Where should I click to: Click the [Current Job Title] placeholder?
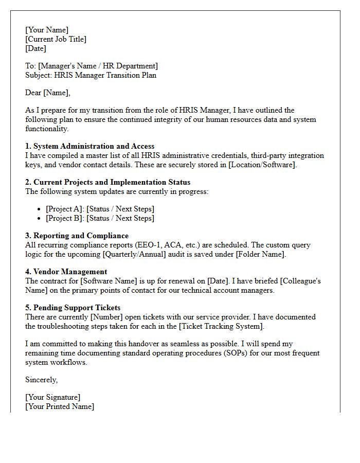pyautogui.click(x=56, y=39)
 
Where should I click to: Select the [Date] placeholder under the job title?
pyautogui.click(x=35, y=48)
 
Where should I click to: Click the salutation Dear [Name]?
pyautogui.click(x=48, y=93)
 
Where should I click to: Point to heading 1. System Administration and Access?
pyautogui.click(x=89, y=146)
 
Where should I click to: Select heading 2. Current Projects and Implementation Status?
pyautogui.click(x=107, y=182)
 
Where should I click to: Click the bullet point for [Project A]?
pyautogui.click(x=40, y=209)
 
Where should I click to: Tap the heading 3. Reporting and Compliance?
pyautogui.click(x=77, y=236)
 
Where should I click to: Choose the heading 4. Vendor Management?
pyautogui.click(x=66, y=272)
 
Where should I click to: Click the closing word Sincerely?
pyautogui.click(x=42, y=380)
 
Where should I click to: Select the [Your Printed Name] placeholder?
pyautogui.click(x=60, y=406)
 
